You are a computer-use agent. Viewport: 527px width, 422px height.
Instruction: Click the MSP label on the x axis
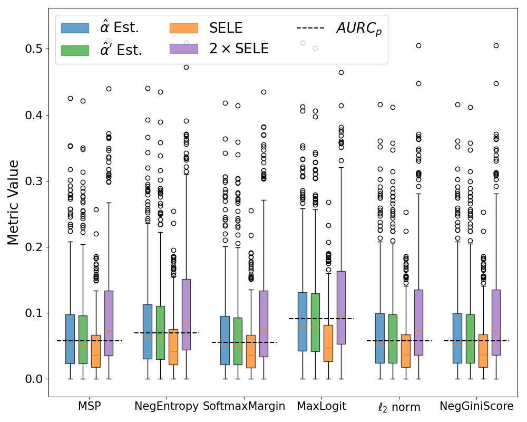tap(89, 407)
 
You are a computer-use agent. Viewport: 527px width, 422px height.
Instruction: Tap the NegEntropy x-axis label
tap(167, 407)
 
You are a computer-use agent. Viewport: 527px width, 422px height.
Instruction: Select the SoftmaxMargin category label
tap(244, 407)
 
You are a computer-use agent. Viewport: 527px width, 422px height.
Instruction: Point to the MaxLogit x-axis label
tap(321, 407)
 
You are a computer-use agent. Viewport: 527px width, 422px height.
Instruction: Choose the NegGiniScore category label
tap(476, 407)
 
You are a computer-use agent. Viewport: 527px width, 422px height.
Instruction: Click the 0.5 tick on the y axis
tap(34, 49)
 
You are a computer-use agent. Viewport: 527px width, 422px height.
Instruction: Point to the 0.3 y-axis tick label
tap(34, 181)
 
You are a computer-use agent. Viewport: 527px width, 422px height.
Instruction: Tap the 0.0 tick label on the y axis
tap(34, 379)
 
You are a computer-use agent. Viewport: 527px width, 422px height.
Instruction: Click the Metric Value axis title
tap(14, 203)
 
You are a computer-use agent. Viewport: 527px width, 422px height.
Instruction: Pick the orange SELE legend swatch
tap(184, 28)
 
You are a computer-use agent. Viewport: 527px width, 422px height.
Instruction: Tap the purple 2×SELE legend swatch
tap(184, 49)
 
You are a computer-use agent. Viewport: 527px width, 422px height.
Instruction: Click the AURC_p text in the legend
tap(359, 29)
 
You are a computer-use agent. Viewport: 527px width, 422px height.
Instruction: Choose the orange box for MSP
tap(96, 351)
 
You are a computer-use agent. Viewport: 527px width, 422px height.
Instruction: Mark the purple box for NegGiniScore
tap(496, 322)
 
